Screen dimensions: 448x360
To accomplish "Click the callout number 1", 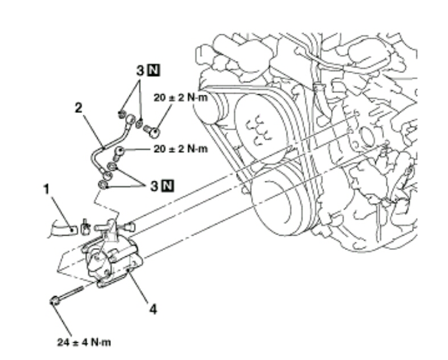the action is pyautogui.click(x=47, y=189).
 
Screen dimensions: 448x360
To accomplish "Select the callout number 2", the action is pyautogui.click(x=78, y=108).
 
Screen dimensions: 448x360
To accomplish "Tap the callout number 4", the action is pyautogui.click(x=154, y=309).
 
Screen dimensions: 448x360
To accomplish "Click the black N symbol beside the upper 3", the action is pyautogui.click(x=154, y=70).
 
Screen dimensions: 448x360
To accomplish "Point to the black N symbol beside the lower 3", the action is pyautogui.click(x=168, y=186).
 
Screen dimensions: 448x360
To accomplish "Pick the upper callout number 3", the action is pyautogui.click(x=140, y=70).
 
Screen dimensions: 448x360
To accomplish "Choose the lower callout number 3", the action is pyautogui.click(x=154, y=187).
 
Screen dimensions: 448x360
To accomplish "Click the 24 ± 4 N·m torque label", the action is pyautogui.click(x=84, y=342).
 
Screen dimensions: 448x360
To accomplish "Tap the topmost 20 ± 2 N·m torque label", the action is pyautogui.click(x=181, y=98).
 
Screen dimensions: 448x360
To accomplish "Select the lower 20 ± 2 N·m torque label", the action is pyautogui.click(x=181, y=149).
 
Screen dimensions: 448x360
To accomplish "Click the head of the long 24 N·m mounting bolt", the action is pyautogui.click(x=55, y=301).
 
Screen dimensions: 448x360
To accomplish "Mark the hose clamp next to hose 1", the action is pyautogui.click(x=85, y=227).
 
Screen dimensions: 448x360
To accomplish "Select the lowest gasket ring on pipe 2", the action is pyautogui.click(x=103, y=185).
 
